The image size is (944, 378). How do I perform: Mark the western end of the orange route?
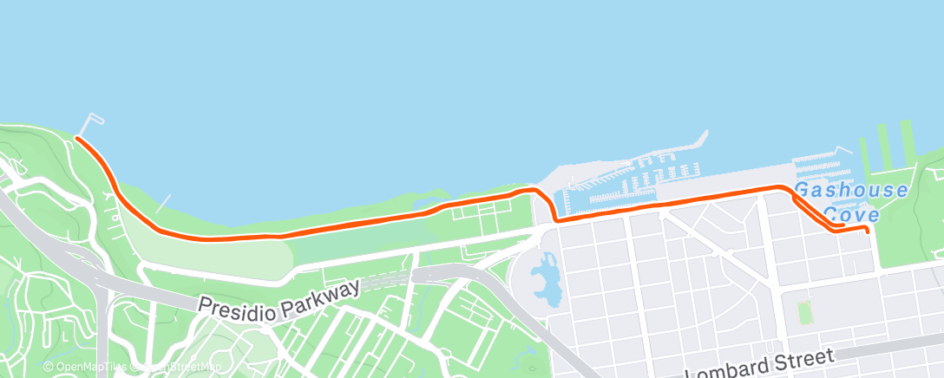point(77,138)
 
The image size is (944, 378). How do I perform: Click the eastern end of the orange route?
point(868,231)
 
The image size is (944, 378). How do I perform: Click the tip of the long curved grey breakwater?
point(706,133)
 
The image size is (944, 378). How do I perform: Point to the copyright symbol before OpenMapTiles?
point(49,367)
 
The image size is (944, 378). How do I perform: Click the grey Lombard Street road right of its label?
point(902,344)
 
